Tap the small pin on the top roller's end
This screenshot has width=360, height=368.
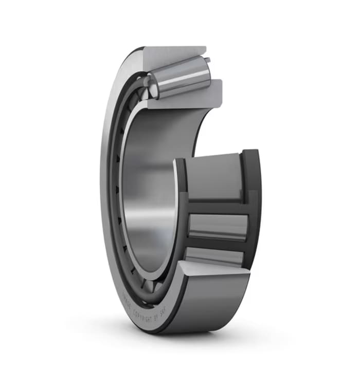[208, 61]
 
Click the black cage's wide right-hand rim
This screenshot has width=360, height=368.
[253, 206]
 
